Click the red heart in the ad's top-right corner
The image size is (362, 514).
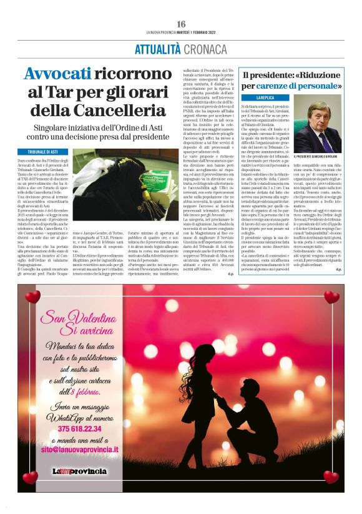click(x=331, y=296)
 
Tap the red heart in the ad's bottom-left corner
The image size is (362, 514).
click(x=29, y=478)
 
